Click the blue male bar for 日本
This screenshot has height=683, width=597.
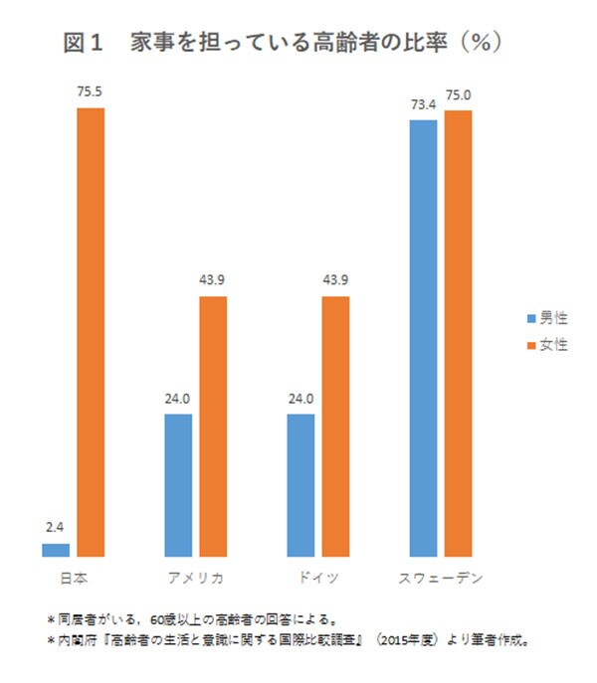pos(56,549)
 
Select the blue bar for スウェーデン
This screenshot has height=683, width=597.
pos(423,337)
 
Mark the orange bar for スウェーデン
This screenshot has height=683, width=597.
pos(458,333)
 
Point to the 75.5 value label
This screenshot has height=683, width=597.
pos(91,92)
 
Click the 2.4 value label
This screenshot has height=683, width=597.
pos(56,529)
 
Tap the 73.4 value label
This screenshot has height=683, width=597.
pos(423,104)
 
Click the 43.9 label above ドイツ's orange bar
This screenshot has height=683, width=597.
pos(335,282)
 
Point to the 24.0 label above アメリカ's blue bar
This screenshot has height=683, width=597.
pos(178,399)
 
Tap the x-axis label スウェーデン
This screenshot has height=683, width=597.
pos(441,578)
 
